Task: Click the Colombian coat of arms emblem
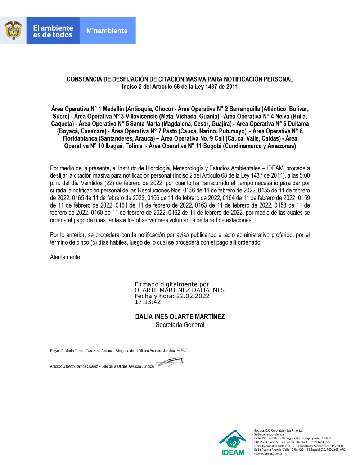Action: [13, 31]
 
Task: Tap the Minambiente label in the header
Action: [107, 31]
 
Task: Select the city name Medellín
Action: [113, 109]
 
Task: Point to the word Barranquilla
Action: [244, 109]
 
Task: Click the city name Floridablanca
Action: [80, 138]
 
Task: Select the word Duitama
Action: [298, 124]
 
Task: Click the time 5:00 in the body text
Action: [304, 176]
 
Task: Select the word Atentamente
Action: [66, 257]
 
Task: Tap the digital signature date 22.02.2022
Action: [193, 296]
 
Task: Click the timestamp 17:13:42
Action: [148, 302]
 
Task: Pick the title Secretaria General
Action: [180, 325]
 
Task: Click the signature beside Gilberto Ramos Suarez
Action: [171, 362]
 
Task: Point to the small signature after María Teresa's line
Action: [182, 350]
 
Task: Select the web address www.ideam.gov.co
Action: [268, 454]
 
